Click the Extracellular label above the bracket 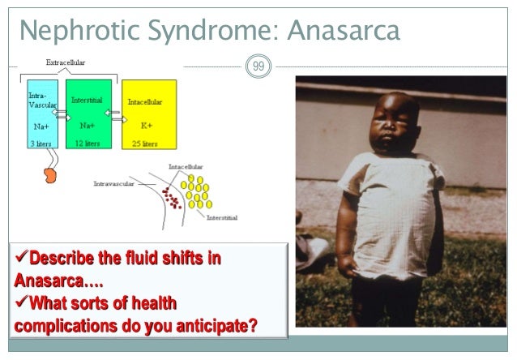(x=66, y=62)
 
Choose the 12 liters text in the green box (x=88, y=143)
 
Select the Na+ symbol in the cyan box (x=42, y=126)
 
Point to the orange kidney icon (x=49, y=174)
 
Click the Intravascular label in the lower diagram (x=115, y=183)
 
